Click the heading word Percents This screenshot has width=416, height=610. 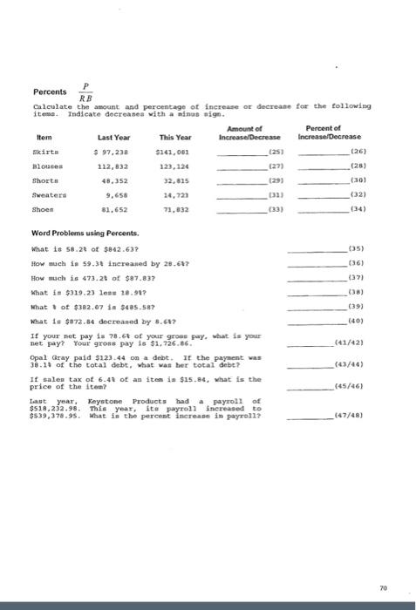[x=50, y=91]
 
